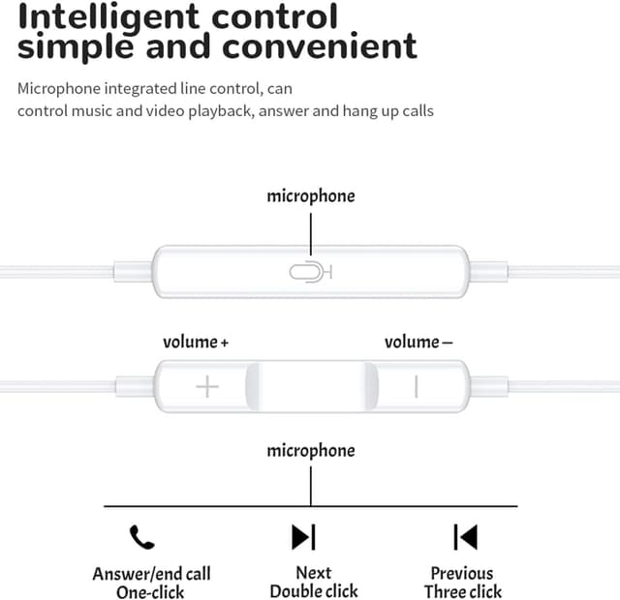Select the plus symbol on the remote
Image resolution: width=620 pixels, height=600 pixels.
(207, 387)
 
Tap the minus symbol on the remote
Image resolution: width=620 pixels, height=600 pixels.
(416, 386)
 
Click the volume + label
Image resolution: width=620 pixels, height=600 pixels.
(196, 342)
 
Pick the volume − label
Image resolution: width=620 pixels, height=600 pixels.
(418, 342)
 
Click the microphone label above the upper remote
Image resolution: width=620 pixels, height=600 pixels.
(311, 196)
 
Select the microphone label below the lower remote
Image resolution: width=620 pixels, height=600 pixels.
(311, 451)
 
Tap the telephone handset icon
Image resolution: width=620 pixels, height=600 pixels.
(141, 536)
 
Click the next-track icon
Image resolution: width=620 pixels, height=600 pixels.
(303, 536)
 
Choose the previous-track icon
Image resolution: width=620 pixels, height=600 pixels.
(465, 536)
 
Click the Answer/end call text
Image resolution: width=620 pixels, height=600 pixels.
(151, 574)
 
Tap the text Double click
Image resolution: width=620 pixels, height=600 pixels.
(313, 591)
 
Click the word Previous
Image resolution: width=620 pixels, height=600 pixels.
(462, 574)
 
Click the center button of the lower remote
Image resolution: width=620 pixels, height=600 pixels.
(311, 386)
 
